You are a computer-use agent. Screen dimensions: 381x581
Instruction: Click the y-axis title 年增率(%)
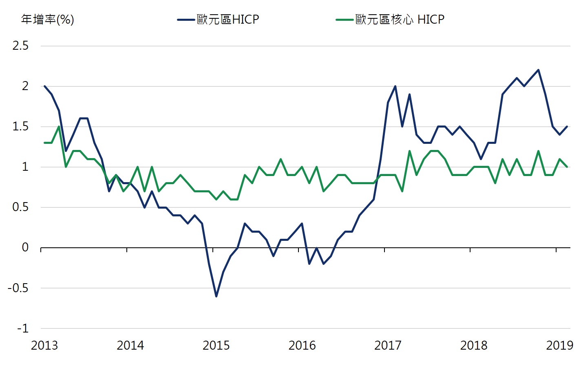click(x=47, y=19)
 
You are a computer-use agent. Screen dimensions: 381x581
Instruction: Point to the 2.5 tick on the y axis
click(x=20, y=46)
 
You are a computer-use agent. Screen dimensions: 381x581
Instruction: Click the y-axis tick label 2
click(x=25, y=86)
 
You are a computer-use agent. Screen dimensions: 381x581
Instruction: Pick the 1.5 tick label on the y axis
click(x=20, y=126)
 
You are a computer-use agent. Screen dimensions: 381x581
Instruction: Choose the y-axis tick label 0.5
click(x=20, y=207)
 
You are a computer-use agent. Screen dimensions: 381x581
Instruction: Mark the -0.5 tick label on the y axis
click(x=18, y=288)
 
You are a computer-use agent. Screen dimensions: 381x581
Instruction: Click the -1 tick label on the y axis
click(x=23, y=328)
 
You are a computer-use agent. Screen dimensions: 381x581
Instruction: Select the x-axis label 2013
click(x=44, y=346)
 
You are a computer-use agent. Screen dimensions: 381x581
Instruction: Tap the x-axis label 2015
click(x=216, y=346)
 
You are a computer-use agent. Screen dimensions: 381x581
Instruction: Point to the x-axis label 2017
click(x=388, y=346)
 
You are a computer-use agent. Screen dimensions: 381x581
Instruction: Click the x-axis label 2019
click(x=559, y=346)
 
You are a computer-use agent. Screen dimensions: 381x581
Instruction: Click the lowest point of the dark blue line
click(x=216, y=296)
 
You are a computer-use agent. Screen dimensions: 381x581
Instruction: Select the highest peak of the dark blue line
click(x=538, y=70)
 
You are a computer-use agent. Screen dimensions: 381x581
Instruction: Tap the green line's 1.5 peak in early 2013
click(x=59, y=126)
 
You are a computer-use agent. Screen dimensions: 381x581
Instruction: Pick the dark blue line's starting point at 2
click(x=44, y=86)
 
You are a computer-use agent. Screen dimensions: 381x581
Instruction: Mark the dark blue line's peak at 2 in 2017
click(x=395, y=86)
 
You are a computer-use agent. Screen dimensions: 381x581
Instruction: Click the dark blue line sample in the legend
click(x=186, y=20)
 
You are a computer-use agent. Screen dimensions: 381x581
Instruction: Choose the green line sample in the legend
click(x=345, y=20)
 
